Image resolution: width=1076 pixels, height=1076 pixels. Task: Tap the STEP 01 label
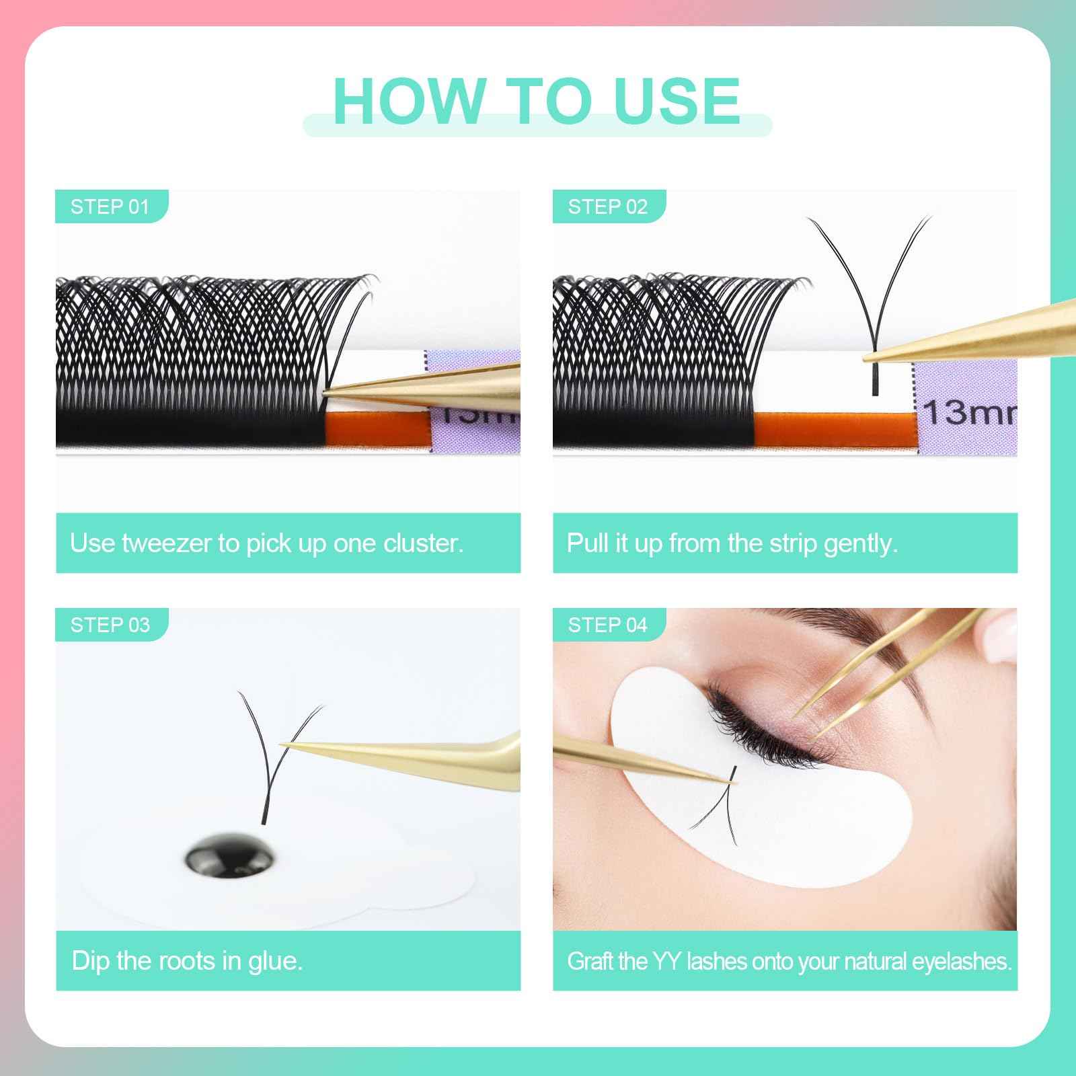[110, 206]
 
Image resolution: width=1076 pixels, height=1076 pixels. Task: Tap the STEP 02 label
[607, 206]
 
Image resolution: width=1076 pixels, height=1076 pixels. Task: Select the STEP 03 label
[110, 625]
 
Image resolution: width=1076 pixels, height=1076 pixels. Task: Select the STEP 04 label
[607, 625]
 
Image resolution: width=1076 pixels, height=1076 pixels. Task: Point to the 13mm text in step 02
[968, 412]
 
